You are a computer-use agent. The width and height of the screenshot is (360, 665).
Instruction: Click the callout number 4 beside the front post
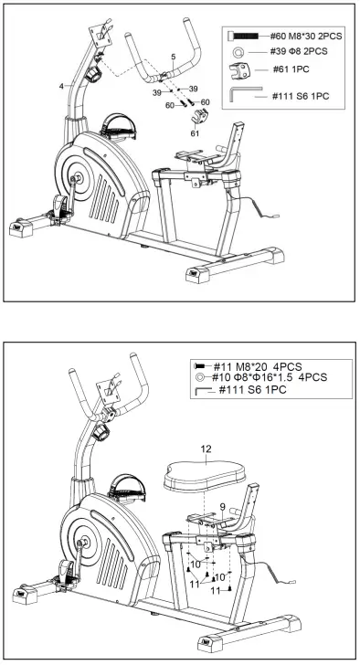[x=62, y=86]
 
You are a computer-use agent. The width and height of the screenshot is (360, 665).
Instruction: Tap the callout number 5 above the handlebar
[x=173, y=58]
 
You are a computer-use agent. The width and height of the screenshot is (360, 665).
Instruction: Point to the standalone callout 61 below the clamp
[x=195, y=132]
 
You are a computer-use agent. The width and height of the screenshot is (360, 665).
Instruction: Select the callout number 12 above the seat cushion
[x=206, y=449]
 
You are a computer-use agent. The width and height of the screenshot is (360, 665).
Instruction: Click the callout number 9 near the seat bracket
[x=221, y=505]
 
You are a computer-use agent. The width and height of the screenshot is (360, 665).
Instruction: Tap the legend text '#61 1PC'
[x=288, y=70]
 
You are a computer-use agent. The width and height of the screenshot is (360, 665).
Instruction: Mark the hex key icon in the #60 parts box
[x=245, y=92]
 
